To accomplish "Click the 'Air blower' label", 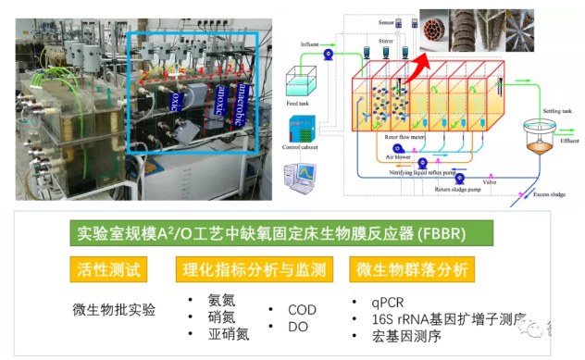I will point(399,157).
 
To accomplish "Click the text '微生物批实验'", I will point(114,307).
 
